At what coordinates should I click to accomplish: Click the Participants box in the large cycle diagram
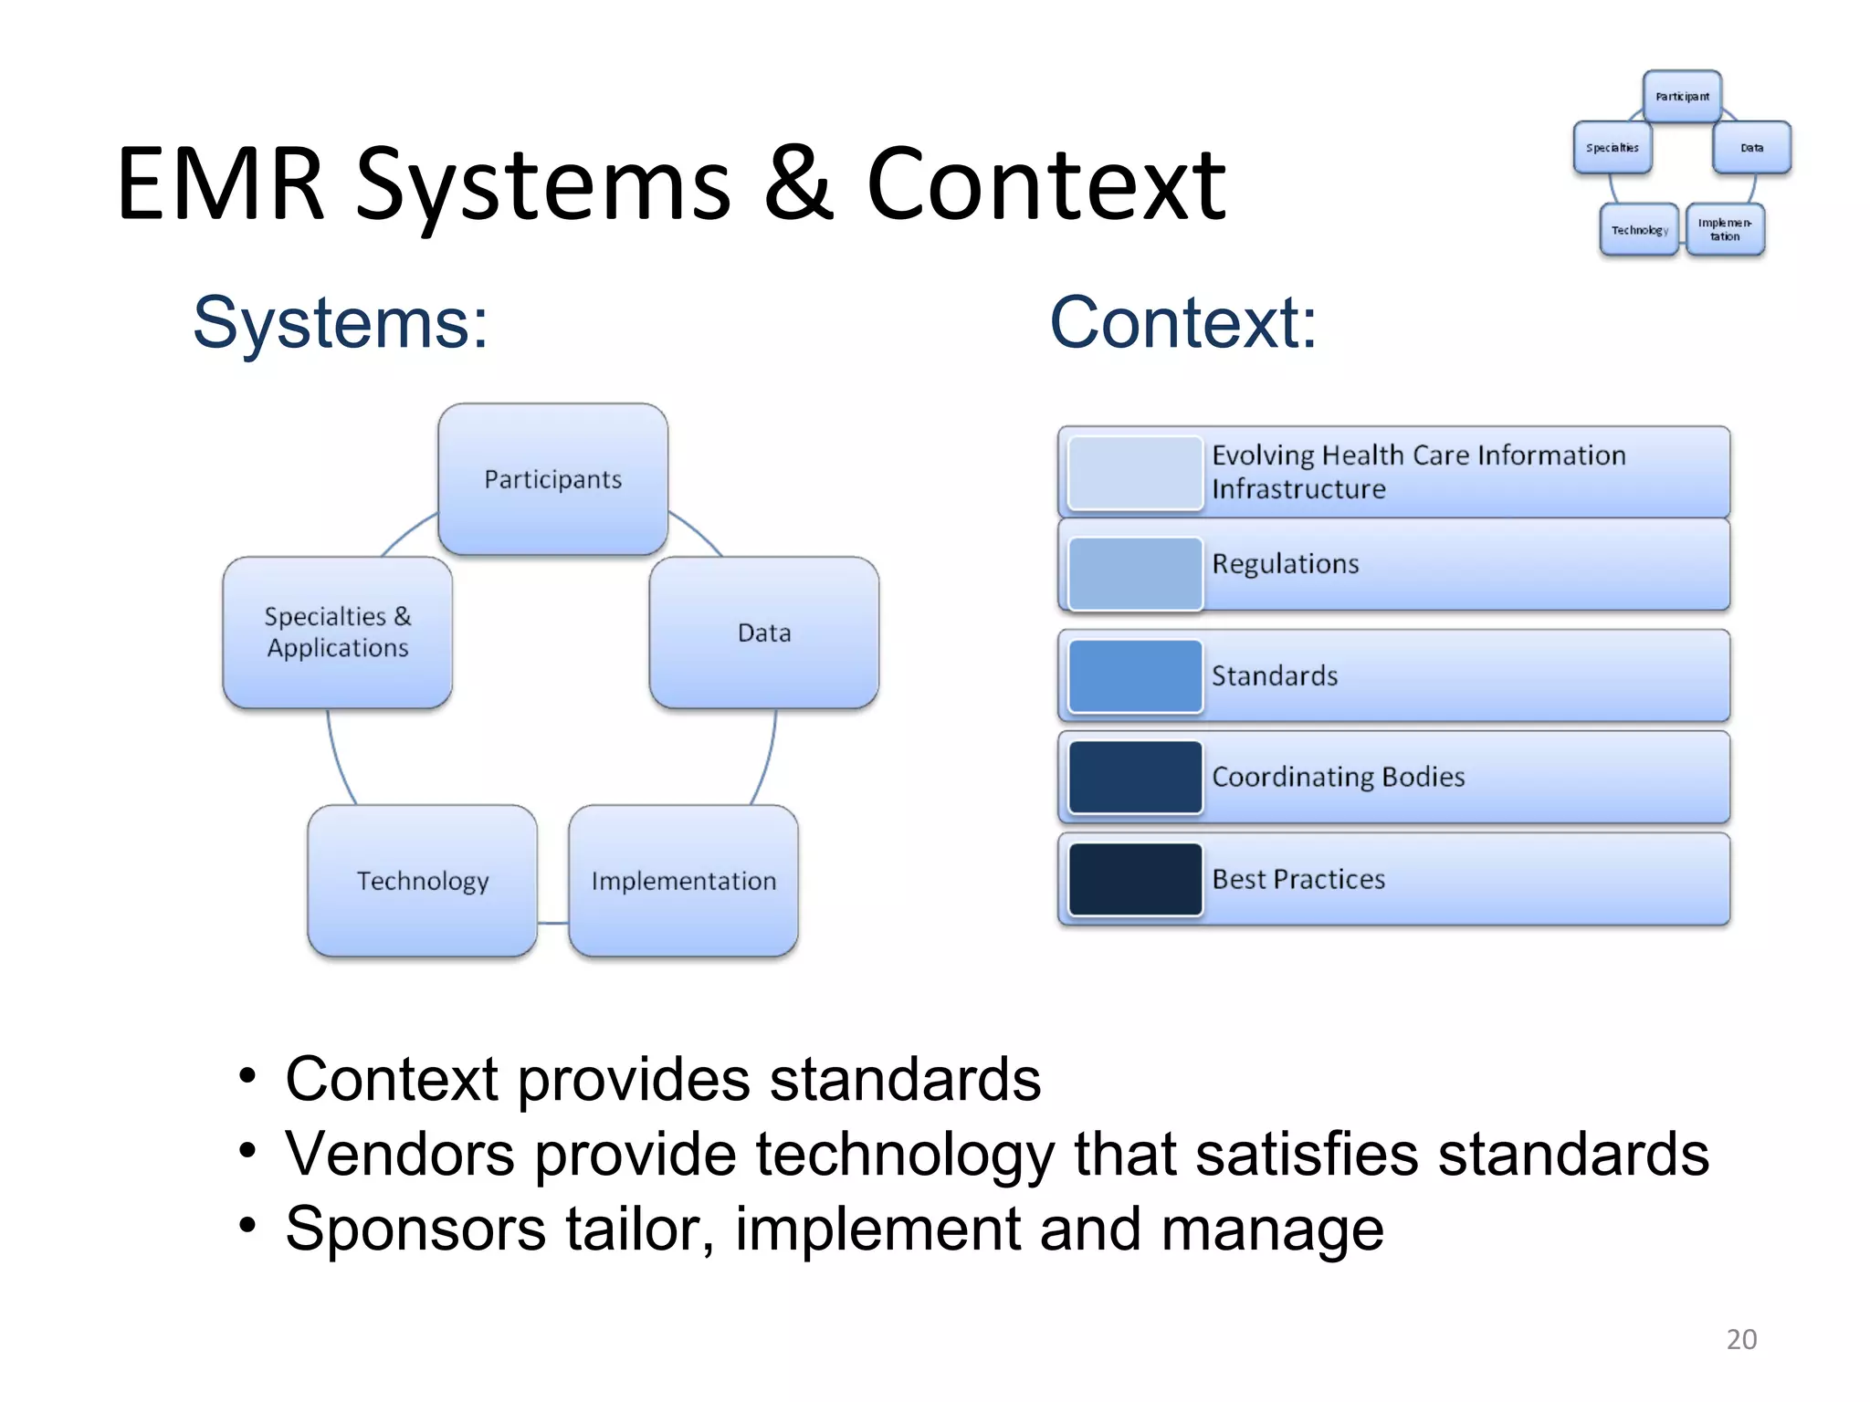tap(552, 479)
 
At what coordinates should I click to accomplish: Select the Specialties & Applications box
tap(337, 632)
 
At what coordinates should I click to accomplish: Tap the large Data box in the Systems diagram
tap(763, 633)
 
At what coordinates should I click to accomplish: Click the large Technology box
tap(422, 881)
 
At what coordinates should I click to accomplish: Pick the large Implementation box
tap(683, 881)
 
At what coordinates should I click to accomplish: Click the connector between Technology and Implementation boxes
tap(552, 923)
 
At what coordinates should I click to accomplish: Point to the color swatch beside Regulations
tap(1134, 573)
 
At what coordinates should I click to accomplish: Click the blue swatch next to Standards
tap(1134, 675)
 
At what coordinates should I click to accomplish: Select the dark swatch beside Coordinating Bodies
tap(1134, 777)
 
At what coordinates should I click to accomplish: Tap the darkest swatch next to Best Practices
tap(1134, 879)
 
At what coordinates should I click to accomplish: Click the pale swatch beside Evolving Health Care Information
tap(1134, 473)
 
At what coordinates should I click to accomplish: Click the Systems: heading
tap(340, 322)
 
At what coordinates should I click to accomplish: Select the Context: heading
tap(1182, 322)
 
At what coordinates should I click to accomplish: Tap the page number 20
tap(1740, 1339)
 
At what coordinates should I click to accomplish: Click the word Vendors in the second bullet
tap(399, 1154)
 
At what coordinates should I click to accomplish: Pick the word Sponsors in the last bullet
tap(415, 1229)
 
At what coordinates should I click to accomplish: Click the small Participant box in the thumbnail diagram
tap(1682, 96)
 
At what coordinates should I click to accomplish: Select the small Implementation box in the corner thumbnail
tap(1724, 229)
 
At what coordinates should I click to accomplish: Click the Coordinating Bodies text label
tap(1338, 777)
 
